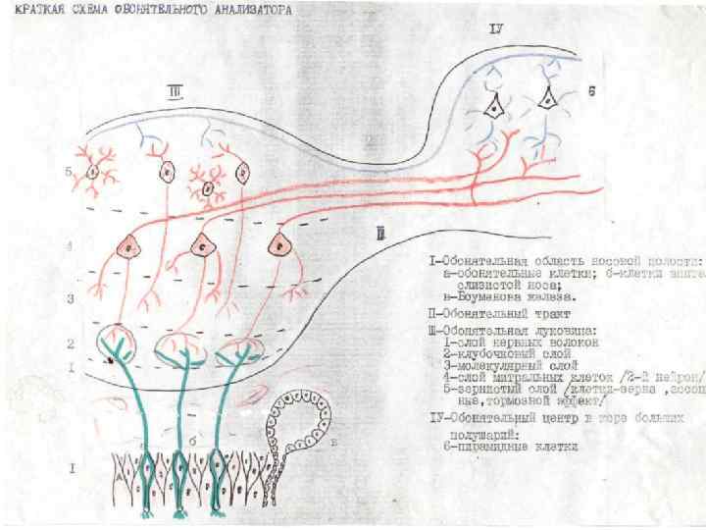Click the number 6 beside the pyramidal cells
(591, 90)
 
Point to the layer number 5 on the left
(69, 172)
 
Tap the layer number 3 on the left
(70, 296)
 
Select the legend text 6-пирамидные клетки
(509, 447)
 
